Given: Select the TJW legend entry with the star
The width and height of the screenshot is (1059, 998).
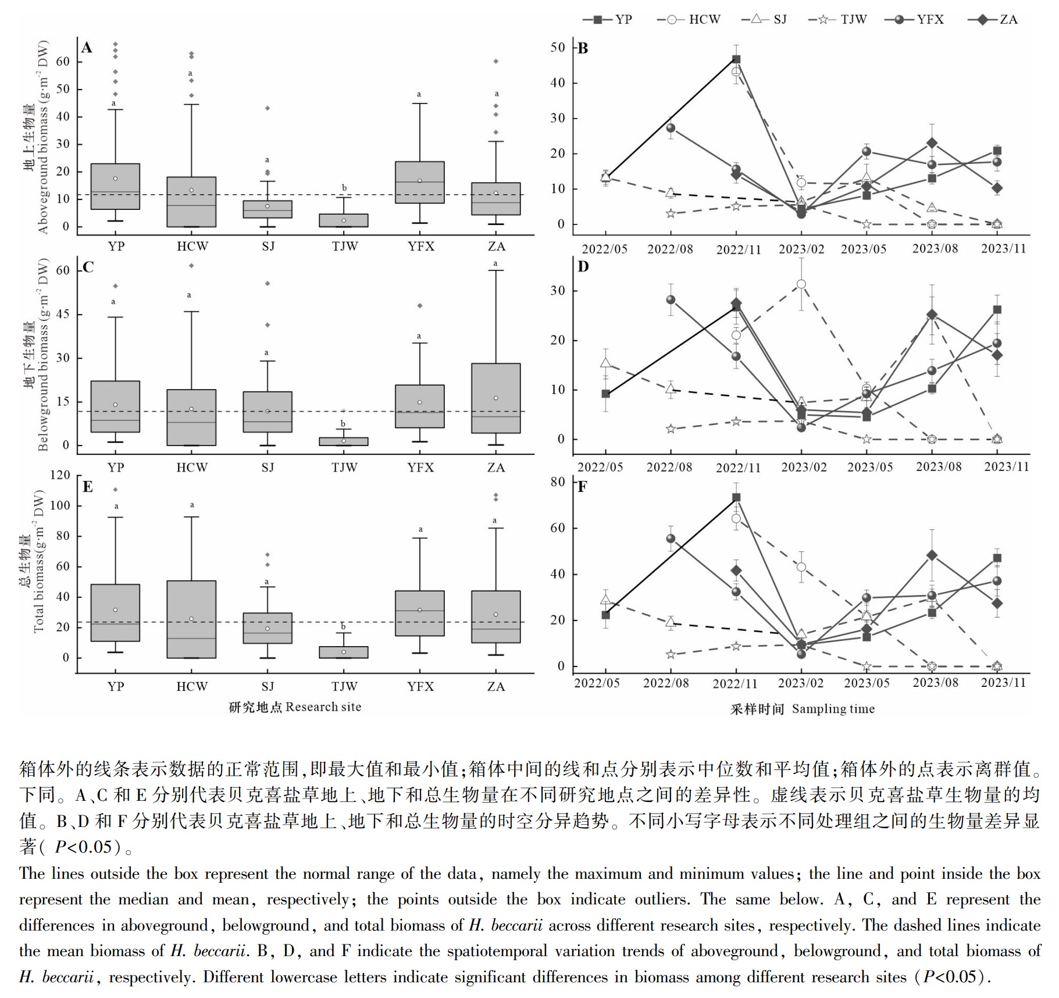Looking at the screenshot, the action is click(837, 19).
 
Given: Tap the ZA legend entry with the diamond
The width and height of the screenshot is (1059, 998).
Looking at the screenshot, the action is click(993, 19).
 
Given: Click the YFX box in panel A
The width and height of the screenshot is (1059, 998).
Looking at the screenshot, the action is click(420, 182).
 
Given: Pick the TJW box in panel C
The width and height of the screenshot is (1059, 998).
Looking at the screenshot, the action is click(344, 441).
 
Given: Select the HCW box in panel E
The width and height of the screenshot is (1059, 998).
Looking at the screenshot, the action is click(192, 619).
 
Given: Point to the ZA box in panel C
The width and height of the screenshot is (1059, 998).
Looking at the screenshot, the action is click(496, 398).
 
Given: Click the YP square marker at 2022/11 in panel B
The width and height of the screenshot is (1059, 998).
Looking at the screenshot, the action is click(736, 59).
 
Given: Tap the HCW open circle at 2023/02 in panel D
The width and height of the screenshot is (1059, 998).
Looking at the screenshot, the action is click(801, 284).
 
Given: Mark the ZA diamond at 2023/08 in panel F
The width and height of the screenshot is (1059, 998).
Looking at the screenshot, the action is click(932, 555).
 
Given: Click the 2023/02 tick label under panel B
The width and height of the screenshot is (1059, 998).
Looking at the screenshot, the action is click(801, 249).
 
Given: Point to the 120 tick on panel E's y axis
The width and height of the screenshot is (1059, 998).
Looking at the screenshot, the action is click(60, 475).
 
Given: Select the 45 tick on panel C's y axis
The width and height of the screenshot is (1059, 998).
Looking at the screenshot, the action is click(63, 315).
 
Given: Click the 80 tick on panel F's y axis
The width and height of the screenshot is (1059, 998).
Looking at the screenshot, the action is click(558, 482).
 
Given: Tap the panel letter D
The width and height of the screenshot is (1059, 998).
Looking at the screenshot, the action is click(583, 267).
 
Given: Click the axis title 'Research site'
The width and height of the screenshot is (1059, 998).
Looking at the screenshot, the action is click(323, 707).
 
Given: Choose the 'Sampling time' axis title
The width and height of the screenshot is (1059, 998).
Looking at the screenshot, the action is click(833, 708).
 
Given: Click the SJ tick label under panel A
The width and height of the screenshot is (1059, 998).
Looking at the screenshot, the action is click(268, 247).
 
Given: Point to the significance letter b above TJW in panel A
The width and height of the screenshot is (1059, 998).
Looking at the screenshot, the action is click(344, 188).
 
